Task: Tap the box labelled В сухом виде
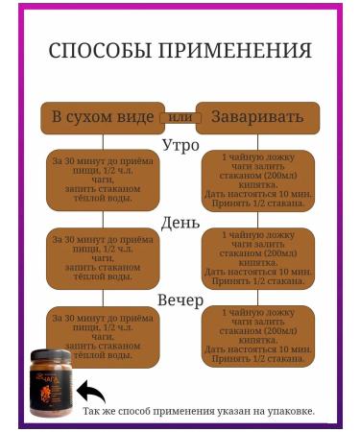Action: click(101, 117)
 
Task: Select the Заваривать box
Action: click(257, 117)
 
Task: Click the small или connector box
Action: click(180, 116)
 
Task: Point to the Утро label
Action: click(180, 146)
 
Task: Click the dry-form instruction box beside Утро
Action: click(103, 180)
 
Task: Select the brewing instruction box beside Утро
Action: click(257, 180)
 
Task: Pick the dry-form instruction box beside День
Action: click(103, 257)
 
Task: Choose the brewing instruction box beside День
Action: click(257, 258)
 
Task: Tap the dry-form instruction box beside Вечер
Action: click(103, 335)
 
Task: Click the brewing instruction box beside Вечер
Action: click(257, 336)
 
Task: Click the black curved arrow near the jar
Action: click(91, 391)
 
